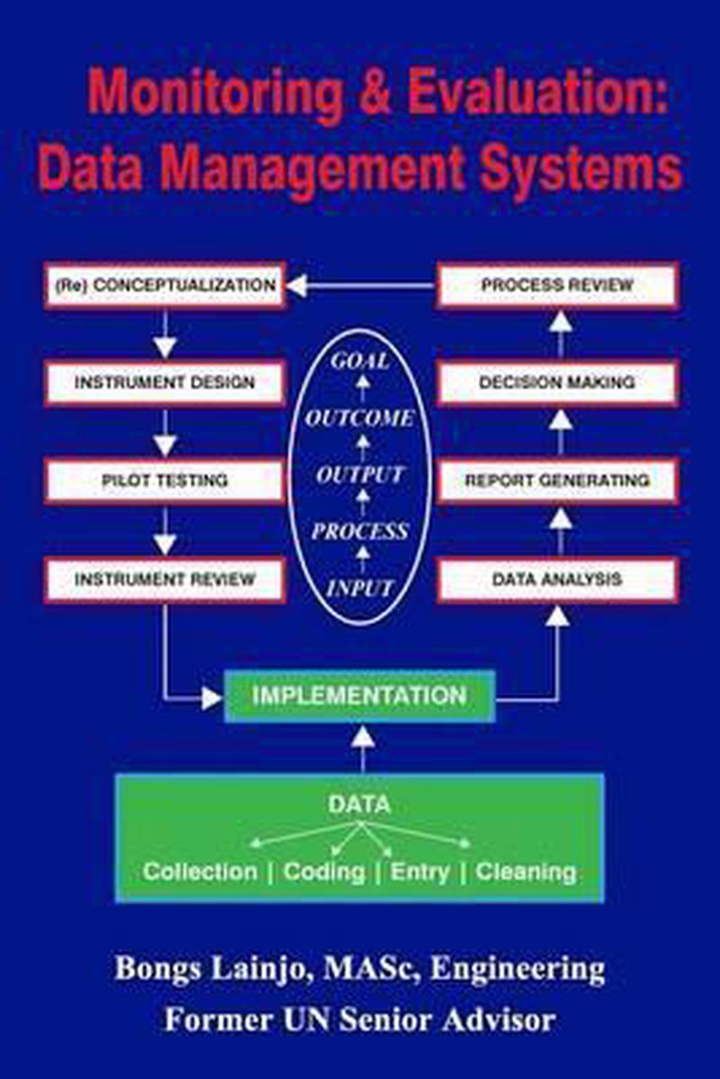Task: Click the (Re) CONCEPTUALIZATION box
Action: click(x=164, y=285)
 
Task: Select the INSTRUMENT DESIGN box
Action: click(x=164, y=383)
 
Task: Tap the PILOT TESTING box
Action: click(x=164, y=481)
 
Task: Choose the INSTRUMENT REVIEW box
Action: click(x=164, y=580)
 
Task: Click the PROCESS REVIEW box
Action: click(x=557, y=285)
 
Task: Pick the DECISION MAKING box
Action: click(x=557, y=383)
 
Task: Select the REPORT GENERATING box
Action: click(x=557, y=481)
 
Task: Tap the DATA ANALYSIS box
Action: click(x=557, y=580)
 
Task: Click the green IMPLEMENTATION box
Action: click(x=360, y=696)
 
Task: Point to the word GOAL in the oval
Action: click(x=360, y=361)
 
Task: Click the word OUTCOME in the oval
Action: click(x=360, y=418)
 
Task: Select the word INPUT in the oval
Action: click(x=360, y=589)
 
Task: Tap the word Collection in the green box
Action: click(x=200, y=871)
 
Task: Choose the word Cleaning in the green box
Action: click(x=526, y=871)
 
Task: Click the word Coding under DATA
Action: click(x=324, y=871)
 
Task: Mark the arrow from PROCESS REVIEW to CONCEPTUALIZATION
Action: click(x=360, y=286)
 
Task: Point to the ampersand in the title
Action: click(x=379, y=95)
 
